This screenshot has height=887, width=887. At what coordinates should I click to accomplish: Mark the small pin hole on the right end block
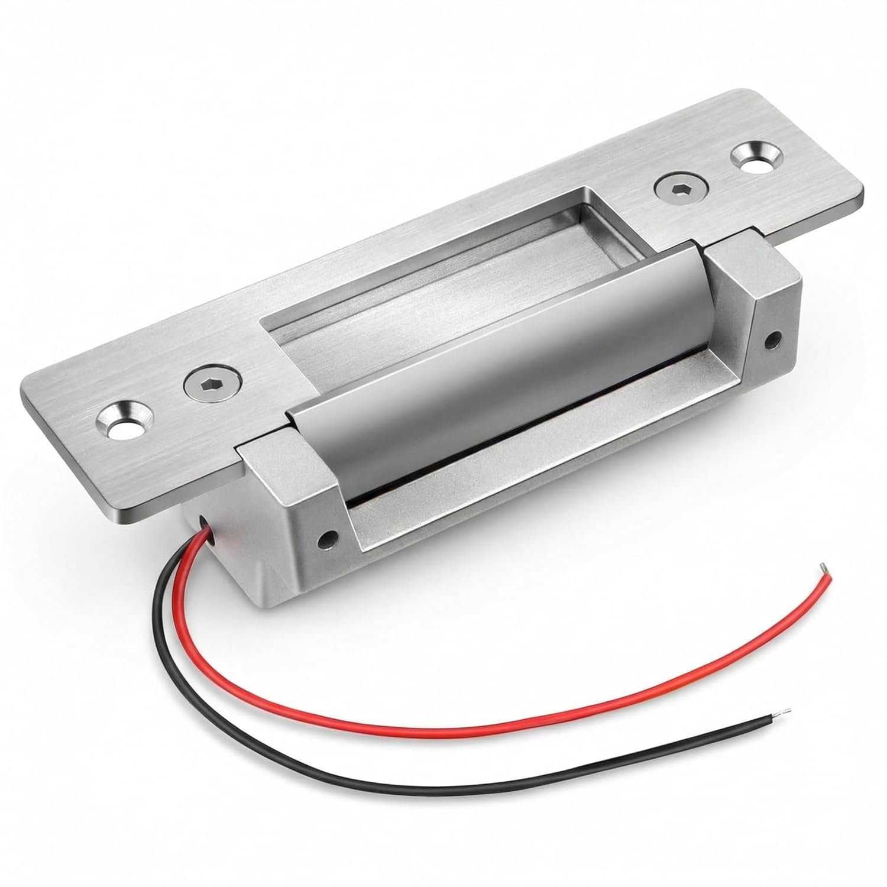click(770, 340)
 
